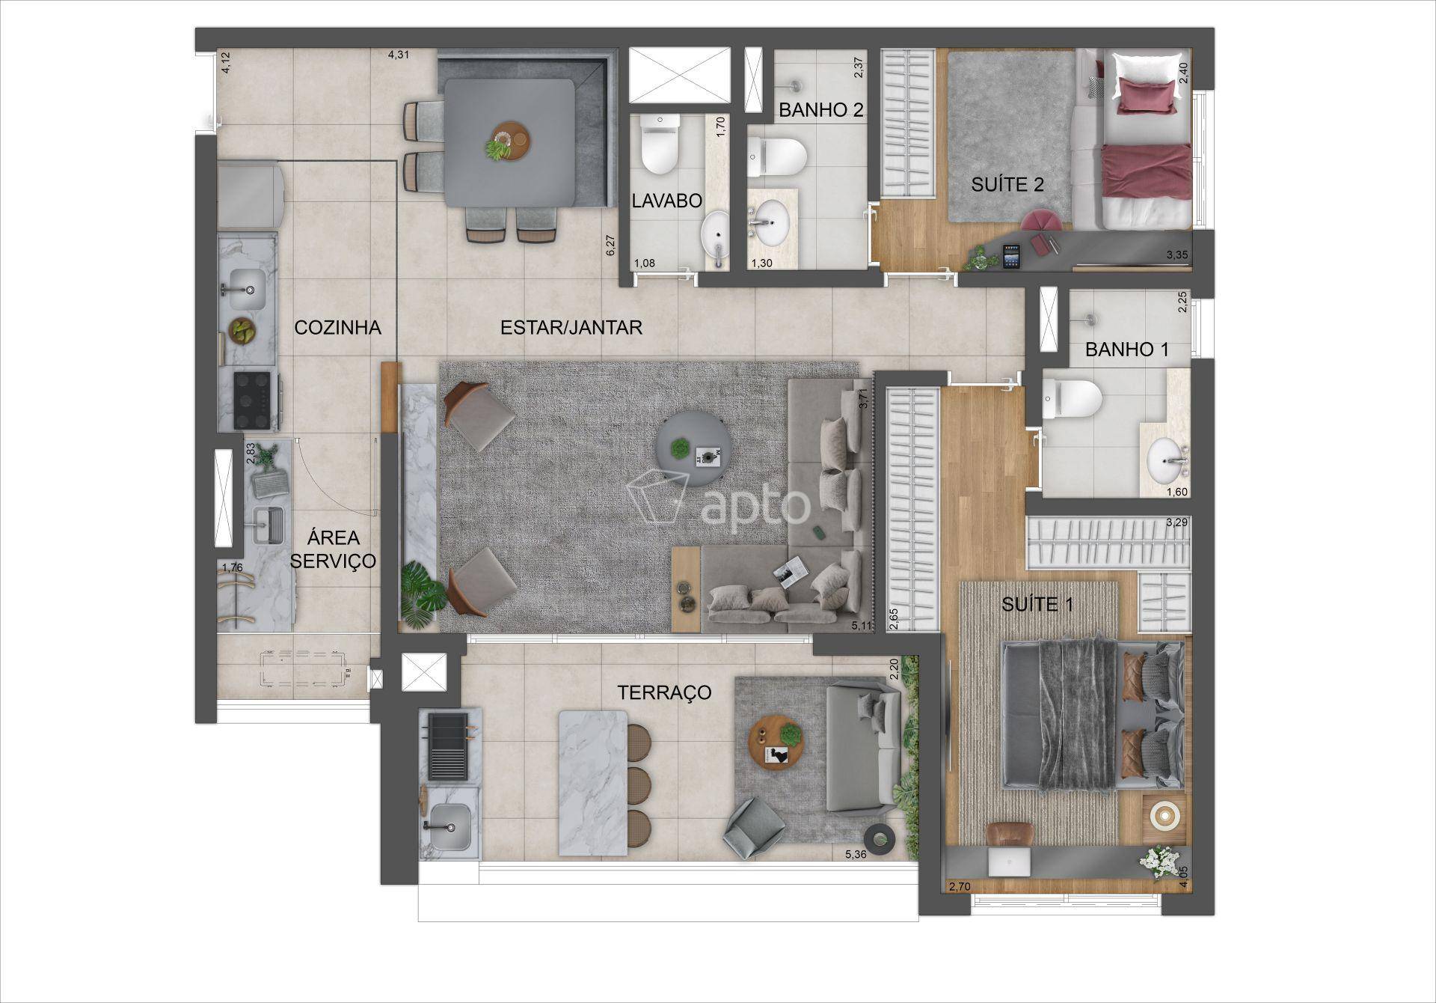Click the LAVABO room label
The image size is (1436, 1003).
tap(667, 201)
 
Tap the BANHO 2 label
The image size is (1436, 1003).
tap(821, 110)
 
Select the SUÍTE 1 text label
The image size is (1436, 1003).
tap(1037, 604)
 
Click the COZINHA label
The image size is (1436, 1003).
tap(338, 327)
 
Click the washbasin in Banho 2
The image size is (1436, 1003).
tap(770, 220)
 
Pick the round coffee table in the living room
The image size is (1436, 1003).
tap(689, 451)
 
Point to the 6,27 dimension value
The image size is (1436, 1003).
tap(610, 246)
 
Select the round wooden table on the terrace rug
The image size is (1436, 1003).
tap(778, 742)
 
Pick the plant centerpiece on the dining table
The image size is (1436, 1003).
tap(497, 149)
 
